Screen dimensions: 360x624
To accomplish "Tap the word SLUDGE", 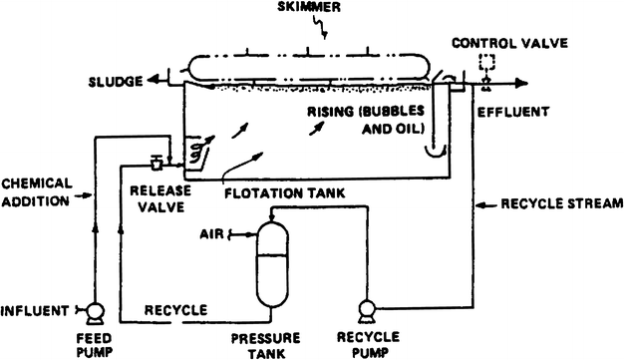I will point(116,79).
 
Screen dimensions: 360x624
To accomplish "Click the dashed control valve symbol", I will point(487,63).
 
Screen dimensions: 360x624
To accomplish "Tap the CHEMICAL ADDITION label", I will point(36,192).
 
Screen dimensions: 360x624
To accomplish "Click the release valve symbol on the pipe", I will point(156,163).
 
